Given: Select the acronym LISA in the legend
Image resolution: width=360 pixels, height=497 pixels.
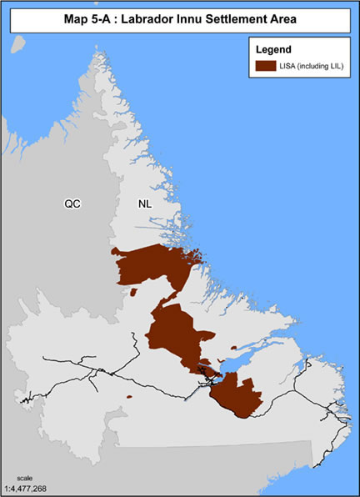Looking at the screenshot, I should tap(293, 66).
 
